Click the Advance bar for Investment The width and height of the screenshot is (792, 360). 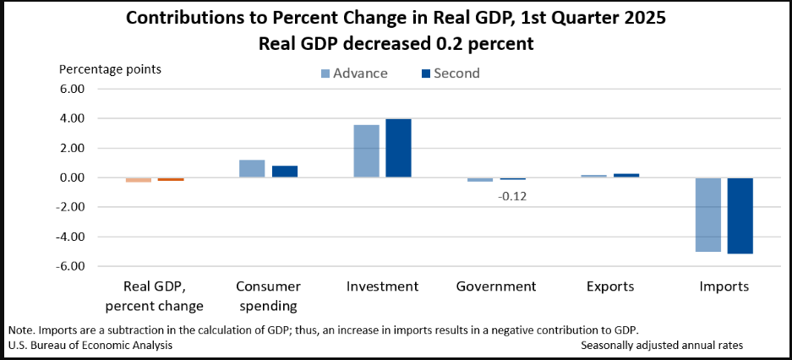pos(366,151)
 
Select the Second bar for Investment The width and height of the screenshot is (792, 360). pos(398,148)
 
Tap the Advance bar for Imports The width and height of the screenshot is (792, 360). pos(707,215)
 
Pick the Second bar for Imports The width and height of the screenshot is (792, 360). pos(740,215)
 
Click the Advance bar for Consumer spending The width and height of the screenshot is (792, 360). pos(252,168)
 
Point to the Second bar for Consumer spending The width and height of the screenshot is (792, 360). pos(285,172)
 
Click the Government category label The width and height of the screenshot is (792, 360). pos(496,286)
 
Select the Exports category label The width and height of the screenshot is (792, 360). pos(610,286)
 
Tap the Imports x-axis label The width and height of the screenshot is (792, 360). pos(724,286)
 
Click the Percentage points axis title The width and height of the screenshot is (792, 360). pos(110,68)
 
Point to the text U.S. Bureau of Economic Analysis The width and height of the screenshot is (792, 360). pos(90,345)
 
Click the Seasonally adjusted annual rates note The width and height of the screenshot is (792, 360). pos(663,345)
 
